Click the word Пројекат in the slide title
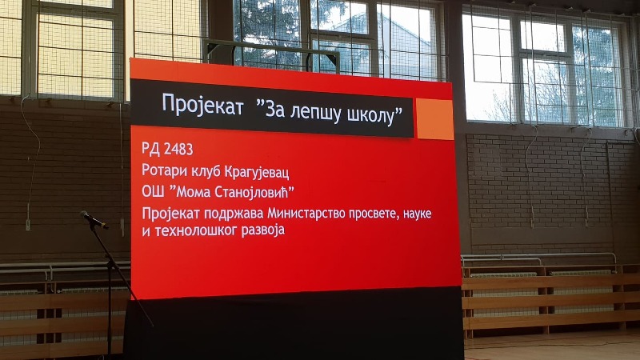pos(202,104)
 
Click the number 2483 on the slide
pos(178,150)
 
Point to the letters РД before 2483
pos(150,148)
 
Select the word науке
pos(417,214)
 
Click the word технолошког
pos(196,230)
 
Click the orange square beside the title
pos(434,119)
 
